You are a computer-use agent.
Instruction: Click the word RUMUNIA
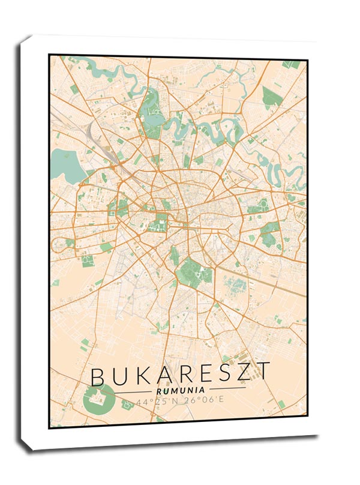pyautogui.click(x=179, y=391)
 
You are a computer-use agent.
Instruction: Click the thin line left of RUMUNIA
pyautogui.click(x=132, y=391)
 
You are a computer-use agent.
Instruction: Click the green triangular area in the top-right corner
pyautogui.click(x=272, y=96)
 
